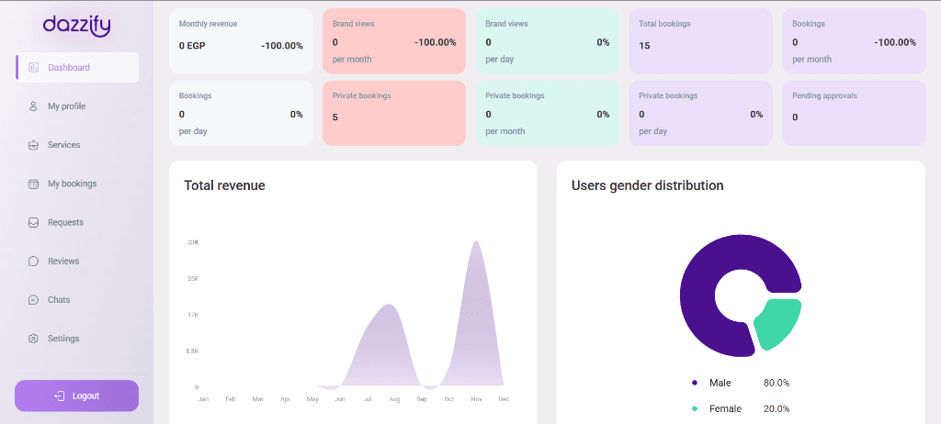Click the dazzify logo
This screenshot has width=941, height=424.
click(76, 26)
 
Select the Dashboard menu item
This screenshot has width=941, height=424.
click(68, 67)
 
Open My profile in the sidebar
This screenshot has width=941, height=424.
click(66, 106)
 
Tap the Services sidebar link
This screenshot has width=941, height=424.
click(63, 145)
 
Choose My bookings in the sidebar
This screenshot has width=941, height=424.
click(72, 184)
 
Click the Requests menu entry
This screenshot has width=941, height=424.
click(65, 222)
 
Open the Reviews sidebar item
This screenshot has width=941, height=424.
click(63, 262)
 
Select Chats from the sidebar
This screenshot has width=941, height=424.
click(59, 300)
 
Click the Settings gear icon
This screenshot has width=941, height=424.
click(33, 339)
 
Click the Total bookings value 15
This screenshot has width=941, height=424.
click(644, 46)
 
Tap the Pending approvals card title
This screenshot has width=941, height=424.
click(823, 95)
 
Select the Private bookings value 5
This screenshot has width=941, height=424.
click(335, 117)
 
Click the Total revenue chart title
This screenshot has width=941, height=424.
click(224, 185)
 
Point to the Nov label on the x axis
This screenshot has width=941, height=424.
click(476, 399)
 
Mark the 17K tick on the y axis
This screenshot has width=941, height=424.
click(192, 315)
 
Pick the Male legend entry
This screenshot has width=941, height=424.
click(720, 383)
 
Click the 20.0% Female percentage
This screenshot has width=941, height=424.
click(777, 408)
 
